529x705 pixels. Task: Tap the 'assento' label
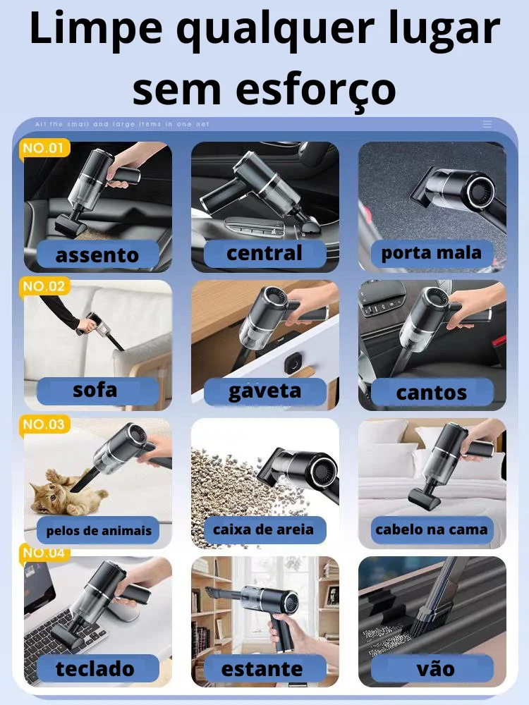(x=97, y=255)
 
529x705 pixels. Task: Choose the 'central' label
(x=264, y=253)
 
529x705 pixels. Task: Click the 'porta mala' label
(x=432, y=253)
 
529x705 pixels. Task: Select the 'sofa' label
(x=96, y=390)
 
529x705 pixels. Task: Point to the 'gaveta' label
(x=264, y=391)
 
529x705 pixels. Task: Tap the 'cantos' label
(x=432, y=392)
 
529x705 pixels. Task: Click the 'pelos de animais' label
(x=99, y=531)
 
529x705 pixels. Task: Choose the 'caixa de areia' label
(x=264, y=529)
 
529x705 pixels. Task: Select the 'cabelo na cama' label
(x=432, y=529)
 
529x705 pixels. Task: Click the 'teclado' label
(x=96, y=668)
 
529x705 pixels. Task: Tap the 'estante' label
(x=262, y=668)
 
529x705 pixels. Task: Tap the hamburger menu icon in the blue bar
(x=487, y=124)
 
